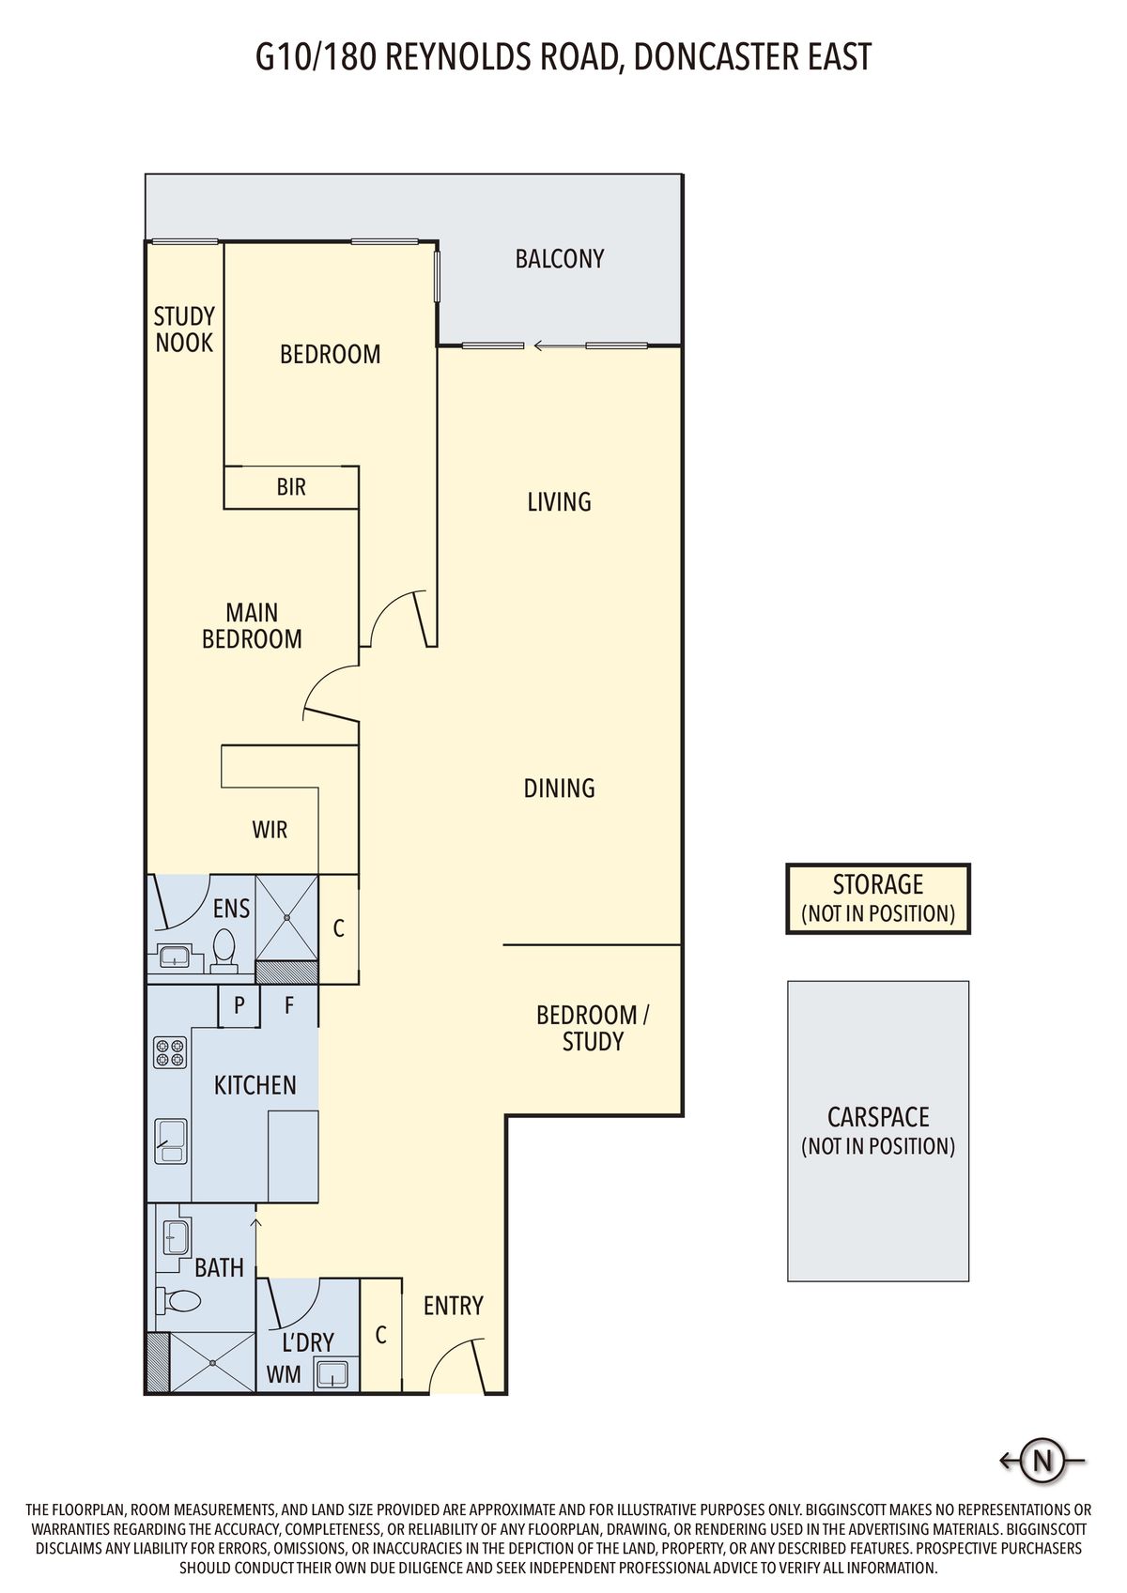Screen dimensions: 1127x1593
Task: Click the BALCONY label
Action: (x=559, y=259)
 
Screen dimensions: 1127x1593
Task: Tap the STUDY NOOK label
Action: (x=184, y=329)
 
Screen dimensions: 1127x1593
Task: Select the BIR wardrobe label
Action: (x=291, y=487)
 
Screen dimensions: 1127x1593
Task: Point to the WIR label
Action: (x=270, y=829)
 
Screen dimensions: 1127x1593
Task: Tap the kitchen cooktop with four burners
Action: (x=170, y=1052)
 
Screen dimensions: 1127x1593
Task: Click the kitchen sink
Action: (x=171, y=1142)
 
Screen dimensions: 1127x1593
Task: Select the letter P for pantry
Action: (x=239, y=1004)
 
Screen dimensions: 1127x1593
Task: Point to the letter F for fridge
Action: (x=289, y=1004)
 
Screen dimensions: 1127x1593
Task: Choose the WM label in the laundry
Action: (x=284, y=1374)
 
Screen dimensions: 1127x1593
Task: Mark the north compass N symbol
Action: (x=1042, y=1461)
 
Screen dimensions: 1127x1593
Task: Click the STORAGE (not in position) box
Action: (x=878, y=899)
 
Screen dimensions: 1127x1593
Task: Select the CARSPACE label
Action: (x=878, y=1116)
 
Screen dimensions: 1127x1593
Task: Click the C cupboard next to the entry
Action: (x=380, y=1336)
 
